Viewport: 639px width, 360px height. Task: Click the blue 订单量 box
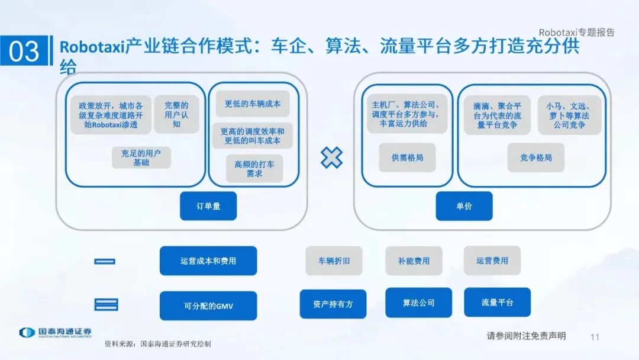tap(208, 206)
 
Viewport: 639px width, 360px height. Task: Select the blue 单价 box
tap(464, 206)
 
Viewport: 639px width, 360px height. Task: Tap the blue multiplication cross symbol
tap(331, 157)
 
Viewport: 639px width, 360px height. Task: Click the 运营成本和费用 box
tap(208, 261)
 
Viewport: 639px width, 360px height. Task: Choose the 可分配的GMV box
tap(208, 306)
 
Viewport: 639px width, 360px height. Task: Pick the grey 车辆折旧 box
tap(334, 261)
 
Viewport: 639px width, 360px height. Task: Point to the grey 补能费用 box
tap(414, 261)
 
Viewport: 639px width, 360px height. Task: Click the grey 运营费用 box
tap(492, 261)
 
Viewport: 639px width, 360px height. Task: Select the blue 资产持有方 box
tap(333, 304)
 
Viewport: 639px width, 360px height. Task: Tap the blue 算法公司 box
tap(418, 303)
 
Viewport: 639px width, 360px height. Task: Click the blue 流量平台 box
tap(497, 303)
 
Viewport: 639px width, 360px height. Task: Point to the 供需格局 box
tap(407, 158)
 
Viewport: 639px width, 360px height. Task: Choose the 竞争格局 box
tap(535, 158)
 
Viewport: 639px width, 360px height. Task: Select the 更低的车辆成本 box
tap(253, 104)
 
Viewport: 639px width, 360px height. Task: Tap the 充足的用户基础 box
tap(141, 157)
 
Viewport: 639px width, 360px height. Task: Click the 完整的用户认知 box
tap(176, 114)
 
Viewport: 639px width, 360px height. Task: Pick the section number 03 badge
tap(24, 52)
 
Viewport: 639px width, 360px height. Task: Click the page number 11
tap(595, 337)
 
